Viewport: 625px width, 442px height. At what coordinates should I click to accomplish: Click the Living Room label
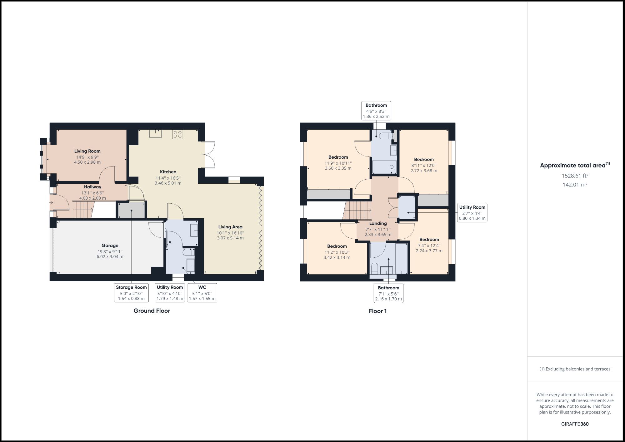(87, 151)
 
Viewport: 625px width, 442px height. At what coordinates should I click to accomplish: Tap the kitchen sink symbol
(155, 134)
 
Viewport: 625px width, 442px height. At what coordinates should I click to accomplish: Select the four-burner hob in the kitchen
(177, 134)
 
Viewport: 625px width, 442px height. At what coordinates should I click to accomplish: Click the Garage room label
(110, 246)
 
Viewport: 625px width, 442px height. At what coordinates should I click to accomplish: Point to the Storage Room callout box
(131, 293)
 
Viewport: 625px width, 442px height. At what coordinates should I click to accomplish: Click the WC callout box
(202, 293)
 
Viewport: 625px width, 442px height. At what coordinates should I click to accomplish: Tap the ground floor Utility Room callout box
(170, 293)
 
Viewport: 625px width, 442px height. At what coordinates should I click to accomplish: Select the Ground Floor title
(152, 310)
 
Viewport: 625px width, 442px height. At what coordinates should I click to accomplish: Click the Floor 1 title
(377, 311)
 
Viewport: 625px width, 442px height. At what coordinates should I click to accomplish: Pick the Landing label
(378, 223)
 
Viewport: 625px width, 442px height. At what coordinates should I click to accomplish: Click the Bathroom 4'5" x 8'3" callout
(376, 111)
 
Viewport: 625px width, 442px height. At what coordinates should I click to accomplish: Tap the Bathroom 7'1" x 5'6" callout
(388, 293)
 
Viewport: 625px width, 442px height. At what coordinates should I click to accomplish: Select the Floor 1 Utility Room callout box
(472, 213)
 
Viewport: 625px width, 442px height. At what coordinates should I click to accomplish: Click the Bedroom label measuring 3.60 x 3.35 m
(338, 157)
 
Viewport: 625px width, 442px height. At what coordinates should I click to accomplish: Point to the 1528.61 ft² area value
(575, 176)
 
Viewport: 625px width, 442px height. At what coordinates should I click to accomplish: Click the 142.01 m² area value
(575, 185)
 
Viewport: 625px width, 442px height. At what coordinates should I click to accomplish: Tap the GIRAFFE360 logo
(575, 424)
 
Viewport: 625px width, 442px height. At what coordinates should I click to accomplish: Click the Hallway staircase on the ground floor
(83, 210)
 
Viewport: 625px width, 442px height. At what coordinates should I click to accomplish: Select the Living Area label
(230, 227)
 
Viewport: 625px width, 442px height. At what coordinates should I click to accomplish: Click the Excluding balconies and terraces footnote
(575, 369)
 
